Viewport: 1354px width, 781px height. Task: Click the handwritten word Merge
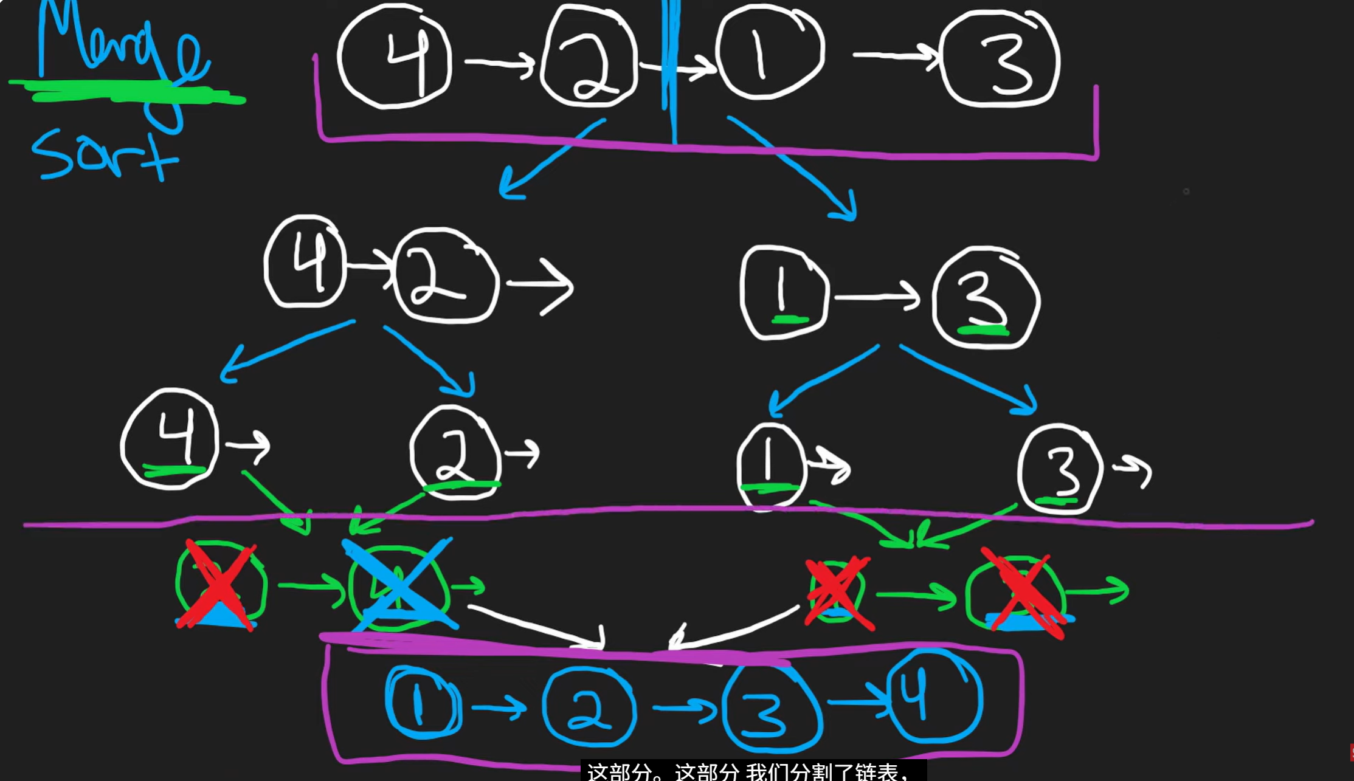[x=122, y=43]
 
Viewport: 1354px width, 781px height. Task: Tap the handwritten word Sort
[x=103, y=155]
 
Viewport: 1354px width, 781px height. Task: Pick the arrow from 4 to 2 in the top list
[x=499, y=63]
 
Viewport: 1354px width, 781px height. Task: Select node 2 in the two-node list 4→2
[x=446, y=277]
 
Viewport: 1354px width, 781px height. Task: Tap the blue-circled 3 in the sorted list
[x=772, y=708]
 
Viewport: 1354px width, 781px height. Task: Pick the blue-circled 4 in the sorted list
[x=933, y=696]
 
